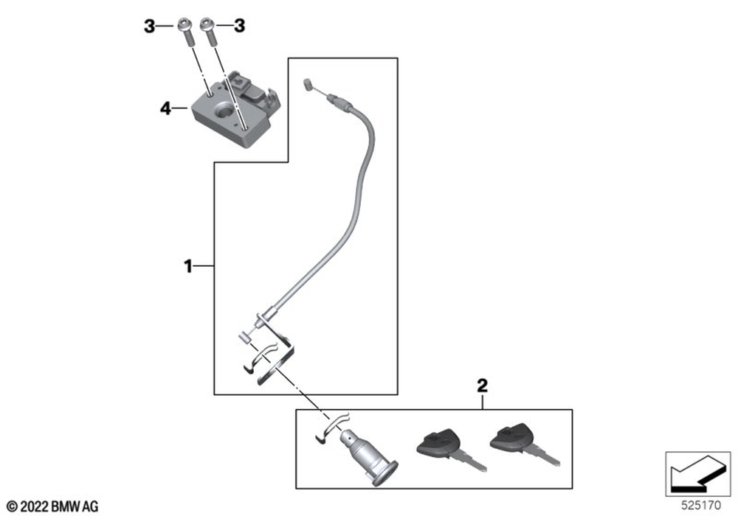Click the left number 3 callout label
coord(150,27)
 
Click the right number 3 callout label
coord(238,27)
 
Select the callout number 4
coord(165,109)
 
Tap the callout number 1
coord(188,265)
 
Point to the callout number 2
coord(482,385)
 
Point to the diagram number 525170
coord(698,506)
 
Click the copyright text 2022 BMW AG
coord(53,506)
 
